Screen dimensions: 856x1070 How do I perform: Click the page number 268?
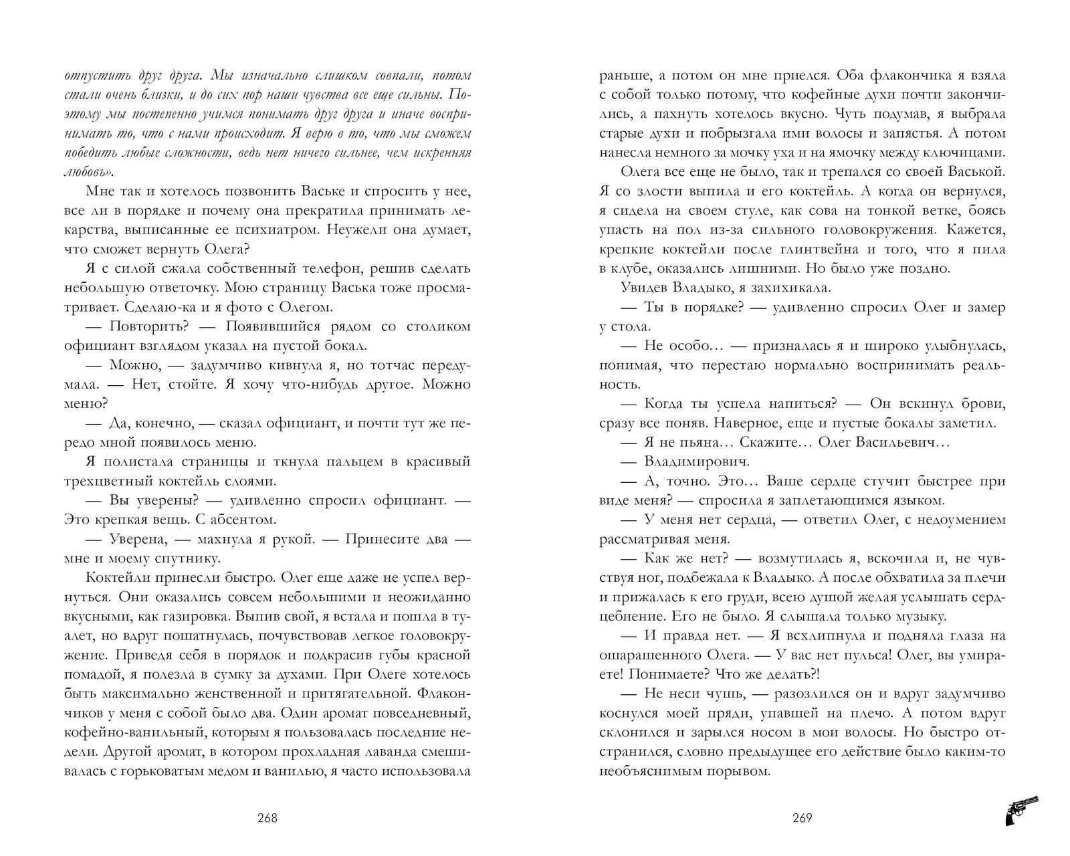267,817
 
